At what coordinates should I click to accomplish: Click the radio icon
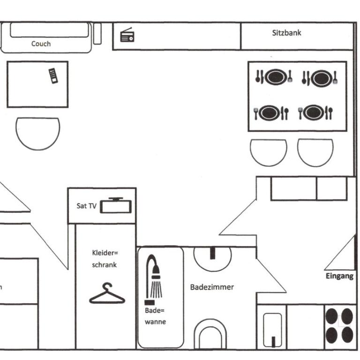click(x=127, y=35)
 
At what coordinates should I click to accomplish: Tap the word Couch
click(x=41, y=44)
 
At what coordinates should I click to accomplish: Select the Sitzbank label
click(x=286, y=33)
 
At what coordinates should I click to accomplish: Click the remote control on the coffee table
click(x=53, y=76)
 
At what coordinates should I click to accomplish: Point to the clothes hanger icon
click(x=107, y=293)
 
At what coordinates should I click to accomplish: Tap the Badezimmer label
click(x=212, y=287)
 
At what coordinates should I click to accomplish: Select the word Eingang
click(x=339, y=276)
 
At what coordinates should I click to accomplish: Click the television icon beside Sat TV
click(x=116, y=205)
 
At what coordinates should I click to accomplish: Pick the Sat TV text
click(x=86, y=206)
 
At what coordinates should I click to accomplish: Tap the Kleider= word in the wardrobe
click(x=105, y=253)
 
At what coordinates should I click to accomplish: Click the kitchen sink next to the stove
click(x=272, y=330)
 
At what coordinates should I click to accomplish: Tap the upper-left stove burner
click(x=331, y=316)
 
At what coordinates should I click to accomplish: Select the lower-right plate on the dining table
click(x=315, y=112)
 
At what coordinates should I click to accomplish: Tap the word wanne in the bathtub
click(x=155, y=322)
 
